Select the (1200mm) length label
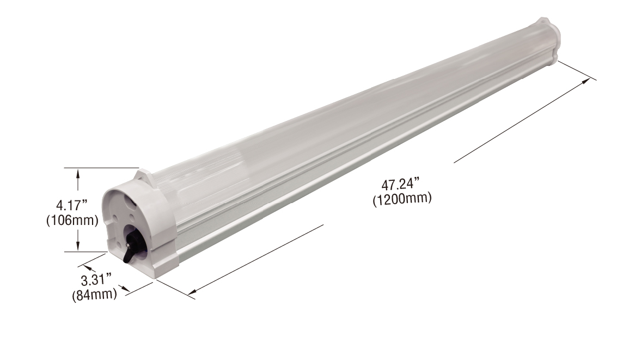tap(402, 199)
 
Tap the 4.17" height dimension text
tap(72, 206)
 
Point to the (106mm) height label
tap(72, 221)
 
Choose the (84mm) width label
tap(95, 295)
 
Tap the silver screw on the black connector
tap(129, 245)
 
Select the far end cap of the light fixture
tap(547, 40)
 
